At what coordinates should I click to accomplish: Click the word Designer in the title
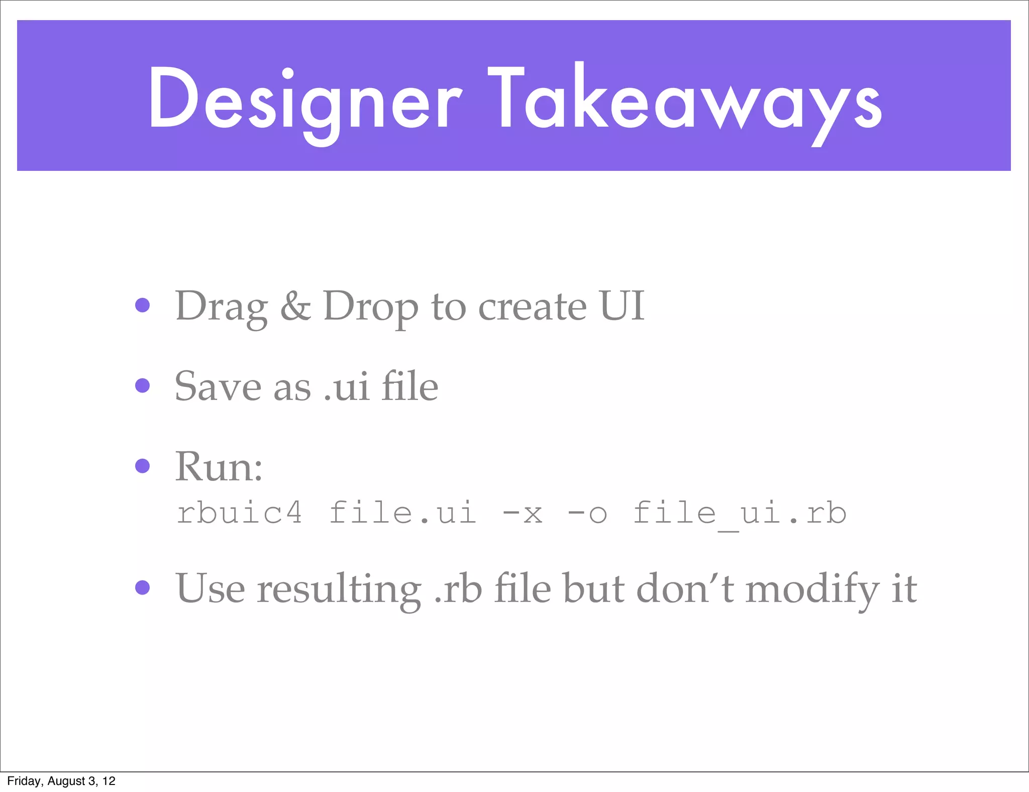point(304,101)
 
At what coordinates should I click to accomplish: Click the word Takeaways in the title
point(684,101)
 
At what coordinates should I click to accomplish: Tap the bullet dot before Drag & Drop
point(143,305)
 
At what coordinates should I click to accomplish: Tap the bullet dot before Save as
point(143,385)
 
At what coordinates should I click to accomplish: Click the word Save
point(218,386)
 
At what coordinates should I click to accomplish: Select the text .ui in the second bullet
point(346,387)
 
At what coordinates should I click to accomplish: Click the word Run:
point(219,466)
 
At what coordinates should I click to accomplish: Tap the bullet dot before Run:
point(143,466)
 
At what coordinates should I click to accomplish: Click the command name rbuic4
point(240,513)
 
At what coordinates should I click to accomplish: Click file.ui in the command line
point(402,513)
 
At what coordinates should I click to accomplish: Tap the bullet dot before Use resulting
point(143,587)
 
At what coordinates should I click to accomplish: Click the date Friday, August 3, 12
point(61,781)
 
